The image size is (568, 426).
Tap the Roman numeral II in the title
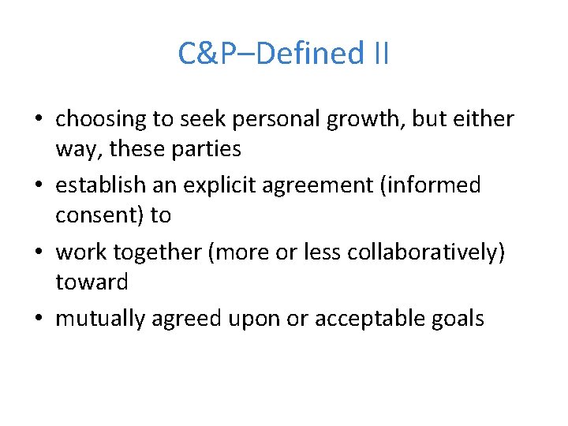click(379, 54)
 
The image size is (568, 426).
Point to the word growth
click(352, 119)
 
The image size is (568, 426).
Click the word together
click(166, 252)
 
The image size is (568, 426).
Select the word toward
click(92, 281)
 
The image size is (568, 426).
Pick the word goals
click(461, 319)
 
